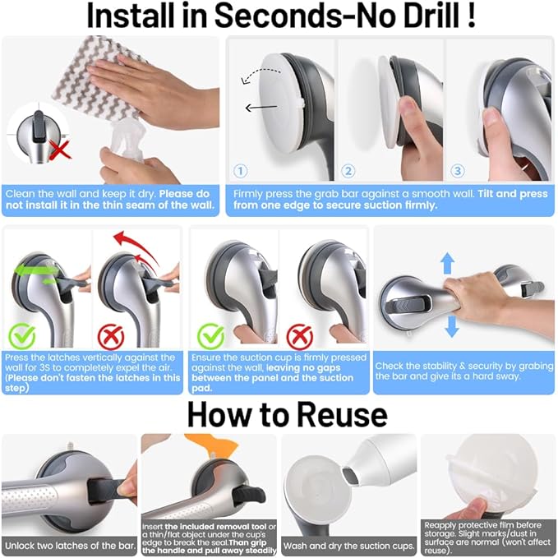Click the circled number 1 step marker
coord(241,171)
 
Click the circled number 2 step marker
coord(348,171)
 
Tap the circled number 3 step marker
coord(457,171)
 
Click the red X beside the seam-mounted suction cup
coord(59,150)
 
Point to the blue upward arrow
coord(447,263)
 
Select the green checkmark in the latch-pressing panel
coord(22,336)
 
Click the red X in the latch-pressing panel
coord(111,337)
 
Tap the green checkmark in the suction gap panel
coord(210,336)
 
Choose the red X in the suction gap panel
coord(300,337)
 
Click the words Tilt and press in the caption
coord(513,194)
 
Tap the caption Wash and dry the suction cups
coord(348,546)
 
